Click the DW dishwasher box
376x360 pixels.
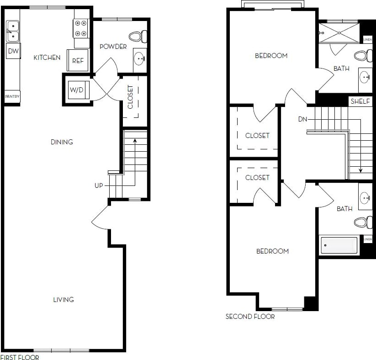13,51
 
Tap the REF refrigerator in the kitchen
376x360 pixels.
78,60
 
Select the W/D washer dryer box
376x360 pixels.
76,90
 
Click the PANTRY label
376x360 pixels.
12,97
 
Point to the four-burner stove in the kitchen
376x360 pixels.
81,28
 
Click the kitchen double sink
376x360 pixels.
12,31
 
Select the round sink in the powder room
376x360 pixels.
140,58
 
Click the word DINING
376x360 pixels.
62,142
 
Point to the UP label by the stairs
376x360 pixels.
99,185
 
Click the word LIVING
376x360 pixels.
64,300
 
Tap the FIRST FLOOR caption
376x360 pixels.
20,357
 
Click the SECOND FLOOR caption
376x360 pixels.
250,317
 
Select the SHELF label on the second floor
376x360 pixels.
360,101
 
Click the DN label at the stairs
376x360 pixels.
302,119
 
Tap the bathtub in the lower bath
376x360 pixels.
339,245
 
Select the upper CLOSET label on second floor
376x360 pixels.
257,136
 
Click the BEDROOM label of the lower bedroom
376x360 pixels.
272,251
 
